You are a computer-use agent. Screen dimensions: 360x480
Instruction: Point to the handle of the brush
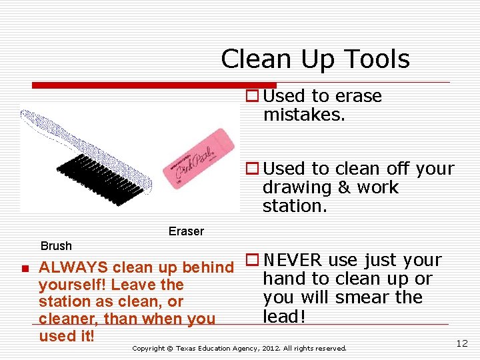coord(47,127)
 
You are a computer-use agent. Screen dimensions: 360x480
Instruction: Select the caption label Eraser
coord(186,231)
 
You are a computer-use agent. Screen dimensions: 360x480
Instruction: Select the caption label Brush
coord(56,246)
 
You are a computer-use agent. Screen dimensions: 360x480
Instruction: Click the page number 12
coord(461,343)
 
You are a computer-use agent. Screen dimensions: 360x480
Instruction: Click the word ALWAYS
coord(74,268)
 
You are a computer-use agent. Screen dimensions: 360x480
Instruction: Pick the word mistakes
coord(304,115)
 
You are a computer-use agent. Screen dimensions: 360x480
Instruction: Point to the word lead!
coord(284,316)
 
